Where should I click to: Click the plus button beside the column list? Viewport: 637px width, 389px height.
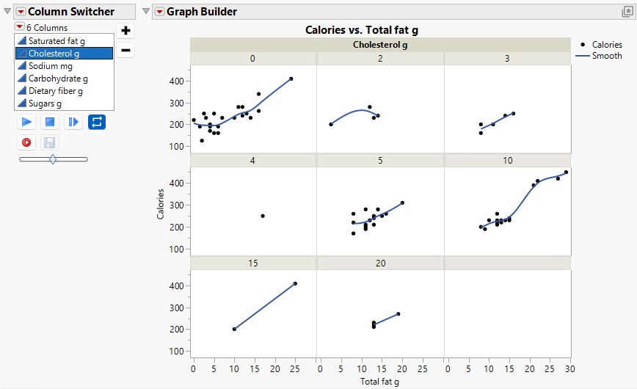pyautogui.click(x=125, y=31)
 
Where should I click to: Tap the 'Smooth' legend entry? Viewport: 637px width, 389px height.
pyautogui.click(x=606, y=56)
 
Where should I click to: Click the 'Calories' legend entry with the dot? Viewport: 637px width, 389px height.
pyautogui.click(x=606, y=45)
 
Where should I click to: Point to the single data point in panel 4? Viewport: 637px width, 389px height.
pyautogui.click(x=263, y=216)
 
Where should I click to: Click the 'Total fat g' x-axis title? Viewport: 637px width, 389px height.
pyautogui.click(x=380, y=382)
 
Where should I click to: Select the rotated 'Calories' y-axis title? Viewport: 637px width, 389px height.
pyautogui.click(x=161, y=205)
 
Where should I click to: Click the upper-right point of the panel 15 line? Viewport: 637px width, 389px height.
pyautogui.click(x=295, y=283)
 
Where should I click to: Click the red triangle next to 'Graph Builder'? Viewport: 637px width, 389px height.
pyautogui.click(x=159, y=12)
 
